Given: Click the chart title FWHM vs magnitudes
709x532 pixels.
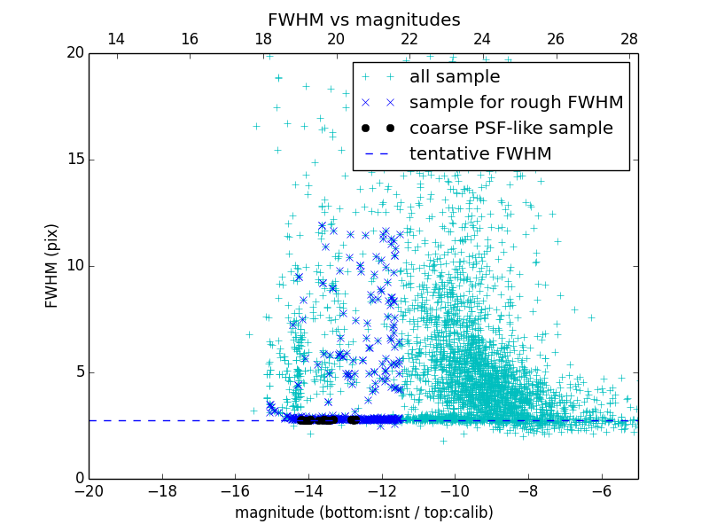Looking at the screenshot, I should pyautogui.click(x=363, y=20).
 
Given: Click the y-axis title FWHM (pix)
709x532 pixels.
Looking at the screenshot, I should pyautogui.click(x=52, y=266).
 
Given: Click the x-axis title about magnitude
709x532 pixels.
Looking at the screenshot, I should pyautogui.click(x=363, y=512).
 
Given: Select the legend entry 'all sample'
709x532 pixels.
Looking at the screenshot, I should pyautogui.click(x=455, y=77).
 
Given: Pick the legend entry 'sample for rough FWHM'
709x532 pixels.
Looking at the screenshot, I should pyautogui.click(x=516, y=103).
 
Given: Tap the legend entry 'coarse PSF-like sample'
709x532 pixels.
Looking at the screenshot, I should pyautogui.click(x=510, y=129).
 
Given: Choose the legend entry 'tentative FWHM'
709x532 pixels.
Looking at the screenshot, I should pyautogui.click(x=480, y=154).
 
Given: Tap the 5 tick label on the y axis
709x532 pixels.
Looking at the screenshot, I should pyautogui.click(x=77, y=372).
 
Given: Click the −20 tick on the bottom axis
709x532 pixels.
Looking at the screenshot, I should pyautogui.click(x=89, y=490).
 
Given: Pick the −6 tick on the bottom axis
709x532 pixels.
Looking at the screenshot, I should pyautogui.click(x=602, y=490).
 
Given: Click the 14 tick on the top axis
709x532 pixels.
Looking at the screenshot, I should pyautogui.click(x=115, y=39).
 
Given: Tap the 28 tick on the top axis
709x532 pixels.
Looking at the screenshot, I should pyautogui.click(x=629, y=39).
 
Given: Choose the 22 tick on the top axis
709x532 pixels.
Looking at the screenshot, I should pyautogui.click(x=409, y=39).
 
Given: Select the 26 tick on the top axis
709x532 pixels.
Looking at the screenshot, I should pyautogui.click(x=556, y=39).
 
